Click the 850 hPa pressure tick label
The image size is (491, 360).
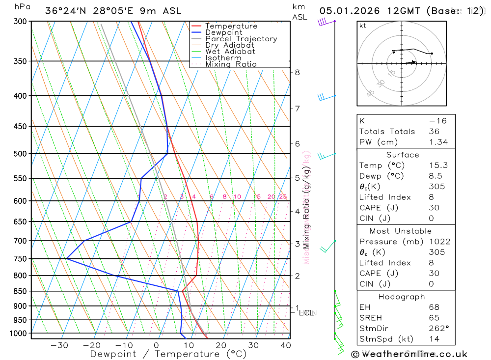[x=20, y=291]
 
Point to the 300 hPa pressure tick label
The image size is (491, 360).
[x=20, y=21]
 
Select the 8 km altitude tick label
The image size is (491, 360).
[x=297, y=72]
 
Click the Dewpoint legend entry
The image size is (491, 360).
[x=223, y=32]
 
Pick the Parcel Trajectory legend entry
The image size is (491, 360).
[x=241, y=39]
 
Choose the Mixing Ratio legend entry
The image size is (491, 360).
[x=231, y=64]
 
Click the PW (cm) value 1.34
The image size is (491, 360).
[x=438, y=142]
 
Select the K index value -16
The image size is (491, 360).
[x=436, y=121]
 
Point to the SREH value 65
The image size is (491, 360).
[x=434, y=318]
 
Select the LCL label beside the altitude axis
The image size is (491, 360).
[x=306, y=312]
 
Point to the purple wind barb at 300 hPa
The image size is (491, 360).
[x=323, y=22]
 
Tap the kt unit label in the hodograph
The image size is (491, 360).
[x=363, y=26]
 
